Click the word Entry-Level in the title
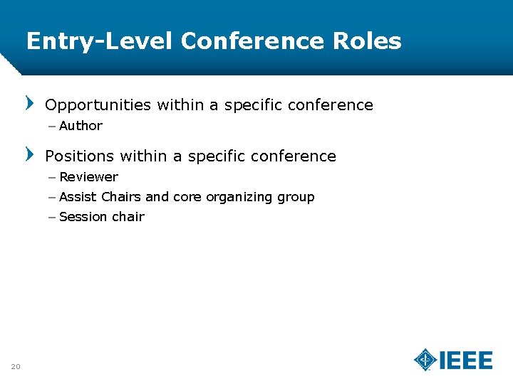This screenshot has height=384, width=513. click(100, 41)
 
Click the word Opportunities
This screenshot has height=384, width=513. click(98, 105)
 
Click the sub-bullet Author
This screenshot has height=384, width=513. click(81, 126)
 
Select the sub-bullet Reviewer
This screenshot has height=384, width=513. click(89, 177)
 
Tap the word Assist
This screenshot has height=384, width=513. click(78, 197)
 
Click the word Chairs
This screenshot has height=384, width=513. click(121, 197)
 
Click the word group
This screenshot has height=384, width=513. click(296, 198)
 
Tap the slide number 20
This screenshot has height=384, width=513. click(16, 366)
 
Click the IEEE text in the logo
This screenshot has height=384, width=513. click(466, 361)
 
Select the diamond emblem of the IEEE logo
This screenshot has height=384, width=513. click(426, 360)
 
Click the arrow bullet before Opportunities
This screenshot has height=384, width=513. click(30, 104)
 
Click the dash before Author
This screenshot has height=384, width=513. click(53, 126)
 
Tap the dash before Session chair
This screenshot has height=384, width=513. click(53, 217)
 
